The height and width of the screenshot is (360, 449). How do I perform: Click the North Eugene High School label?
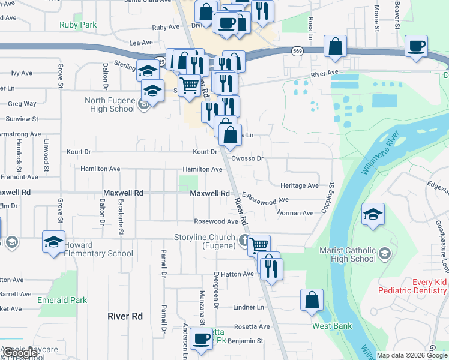[106, 104]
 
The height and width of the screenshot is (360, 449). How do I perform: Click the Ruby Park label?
[78, 25]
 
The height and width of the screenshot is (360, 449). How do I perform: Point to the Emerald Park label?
[62, 300]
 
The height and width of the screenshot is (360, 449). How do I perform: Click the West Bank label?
[328, 326]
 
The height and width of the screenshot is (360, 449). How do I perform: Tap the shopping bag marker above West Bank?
[312, 301]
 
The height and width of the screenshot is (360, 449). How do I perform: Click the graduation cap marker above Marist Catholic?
[373, 214]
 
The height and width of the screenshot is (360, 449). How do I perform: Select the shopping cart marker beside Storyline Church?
[259, 245]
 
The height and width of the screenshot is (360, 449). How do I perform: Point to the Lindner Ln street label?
[248, 307]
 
